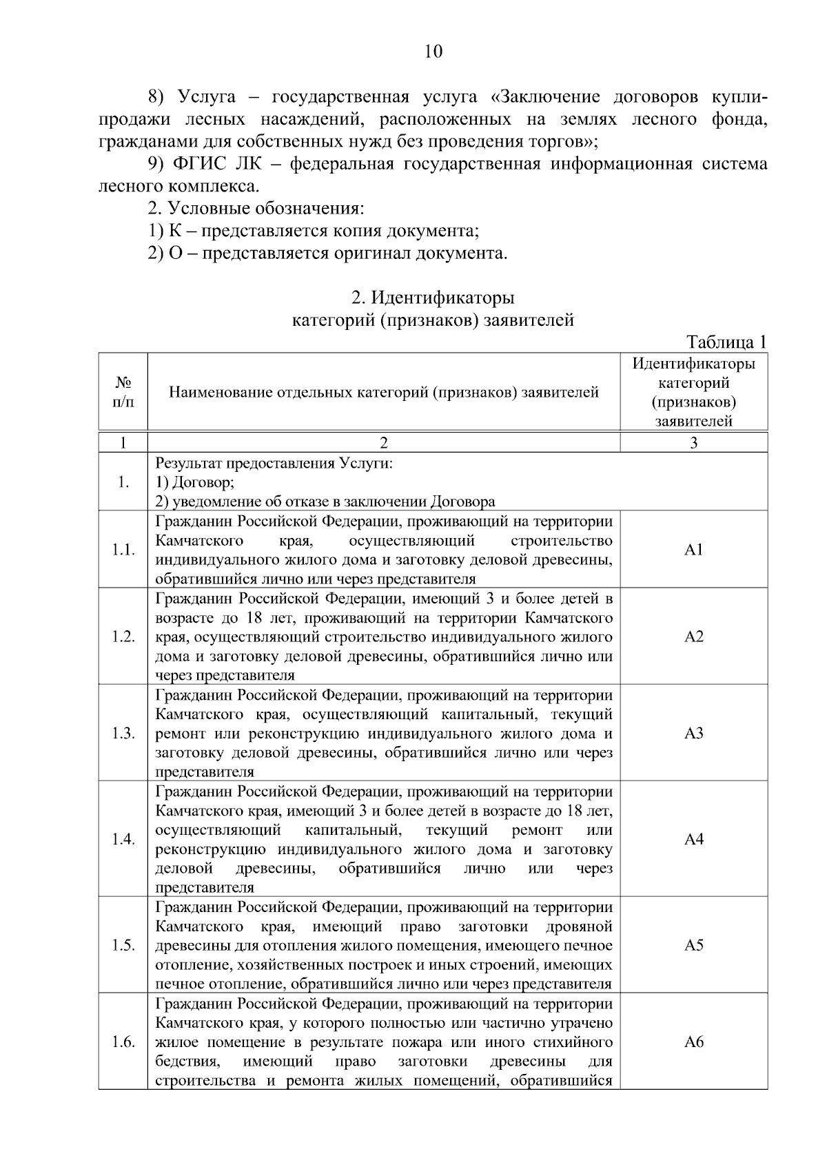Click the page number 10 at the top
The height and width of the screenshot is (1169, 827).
[x=433, y=52]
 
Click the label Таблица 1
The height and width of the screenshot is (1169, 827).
[x=726, y=342]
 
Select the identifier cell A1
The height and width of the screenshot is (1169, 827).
[x=693, y=550]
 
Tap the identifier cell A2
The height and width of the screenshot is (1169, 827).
[x=693, y=637]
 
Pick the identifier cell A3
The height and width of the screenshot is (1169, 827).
[x=693, y=733]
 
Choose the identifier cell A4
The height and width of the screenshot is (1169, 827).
[x=693, y=839]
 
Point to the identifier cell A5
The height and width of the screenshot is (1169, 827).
[x=693, y=945]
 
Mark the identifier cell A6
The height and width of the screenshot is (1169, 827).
[x=693, y=1042]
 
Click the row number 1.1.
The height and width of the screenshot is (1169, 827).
[x=123, y=550]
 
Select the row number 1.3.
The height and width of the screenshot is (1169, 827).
[x=123, y=733]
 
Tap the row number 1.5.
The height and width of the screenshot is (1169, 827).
[x=123, y=945]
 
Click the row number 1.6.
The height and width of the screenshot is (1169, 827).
[x=123, y=1042]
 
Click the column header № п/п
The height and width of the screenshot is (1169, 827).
[x=123, y=391]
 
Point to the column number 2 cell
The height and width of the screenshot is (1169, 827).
[x=384, y=443]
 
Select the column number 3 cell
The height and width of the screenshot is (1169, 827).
[x=693, y=443]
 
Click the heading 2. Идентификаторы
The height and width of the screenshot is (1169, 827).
[x=433, y=298]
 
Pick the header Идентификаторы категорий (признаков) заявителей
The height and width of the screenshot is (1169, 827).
[x=693, y=391]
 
